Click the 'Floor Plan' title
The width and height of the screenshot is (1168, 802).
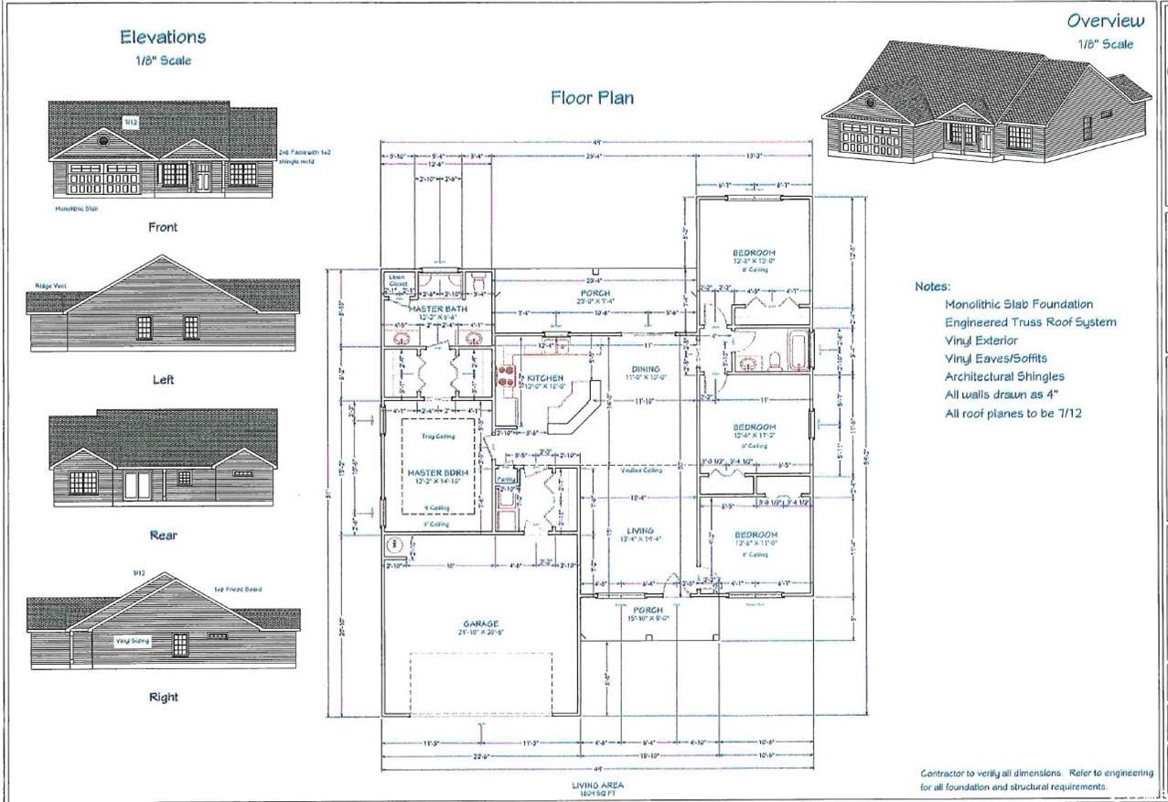click(592, 97)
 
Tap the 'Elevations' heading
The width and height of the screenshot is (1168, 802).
click(164, 38)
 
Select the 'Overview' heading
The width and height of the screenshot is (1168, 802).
click(1105, 21)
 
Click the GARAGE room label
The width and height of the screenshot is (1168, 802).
click(479, 624)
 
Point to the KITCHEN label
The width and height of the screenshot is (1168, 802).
click(545, 377)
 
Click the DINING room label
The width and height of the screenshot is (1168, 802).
click(644, 369)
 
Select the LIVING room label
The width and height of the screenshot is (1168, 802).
click(639, 531)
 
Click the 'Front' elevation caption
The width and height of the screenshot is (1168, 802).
click(163, 227)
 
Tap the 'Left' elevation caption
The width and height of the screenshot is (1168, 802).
click(163, 379)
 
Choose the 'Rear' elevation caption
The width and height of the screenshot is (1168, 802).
click(163, 535)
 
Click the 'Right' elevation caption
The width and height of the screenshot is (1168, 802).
click(163, 697)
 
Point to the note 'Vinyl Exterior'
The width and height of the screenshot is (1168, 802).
click(981, 340)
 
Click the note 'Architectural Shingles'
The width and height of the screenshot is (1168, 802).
click(1004, 376)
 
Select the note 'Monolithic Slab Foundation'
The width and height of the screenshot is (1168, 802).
click(1018, 304)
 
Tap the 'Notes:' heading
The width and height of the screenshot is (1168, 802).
click(932, 287)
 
